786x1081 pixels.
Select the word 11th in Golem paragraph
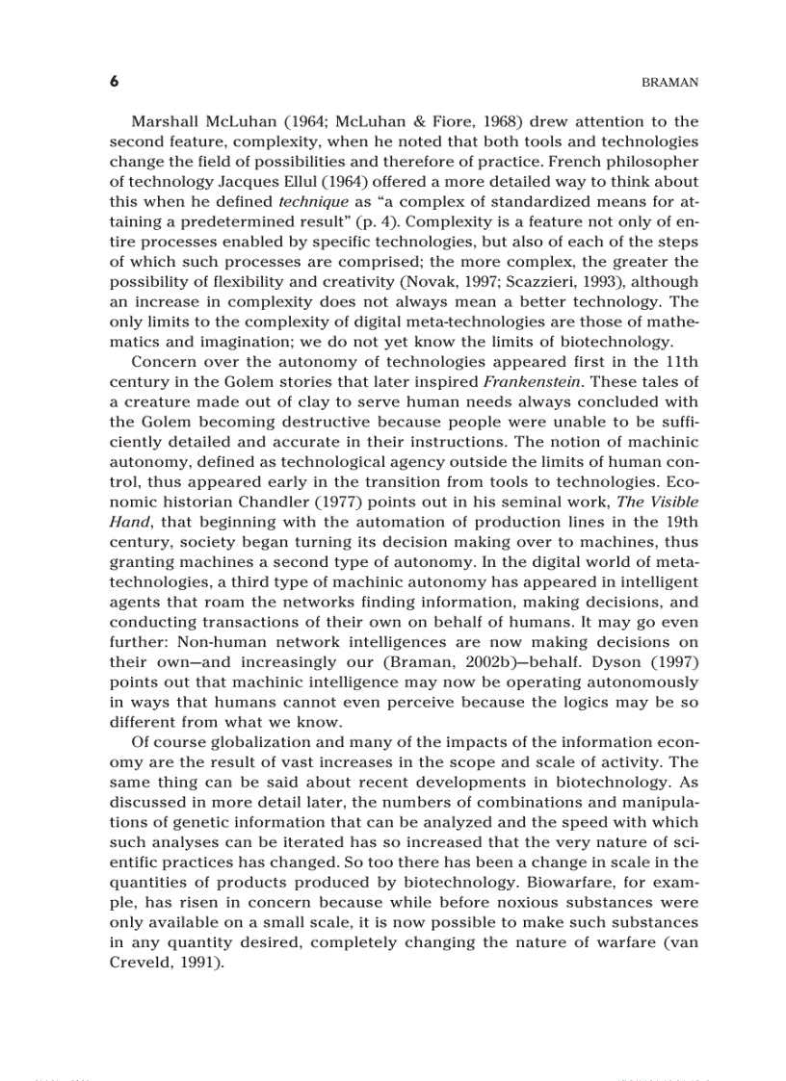pos(679,362)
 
